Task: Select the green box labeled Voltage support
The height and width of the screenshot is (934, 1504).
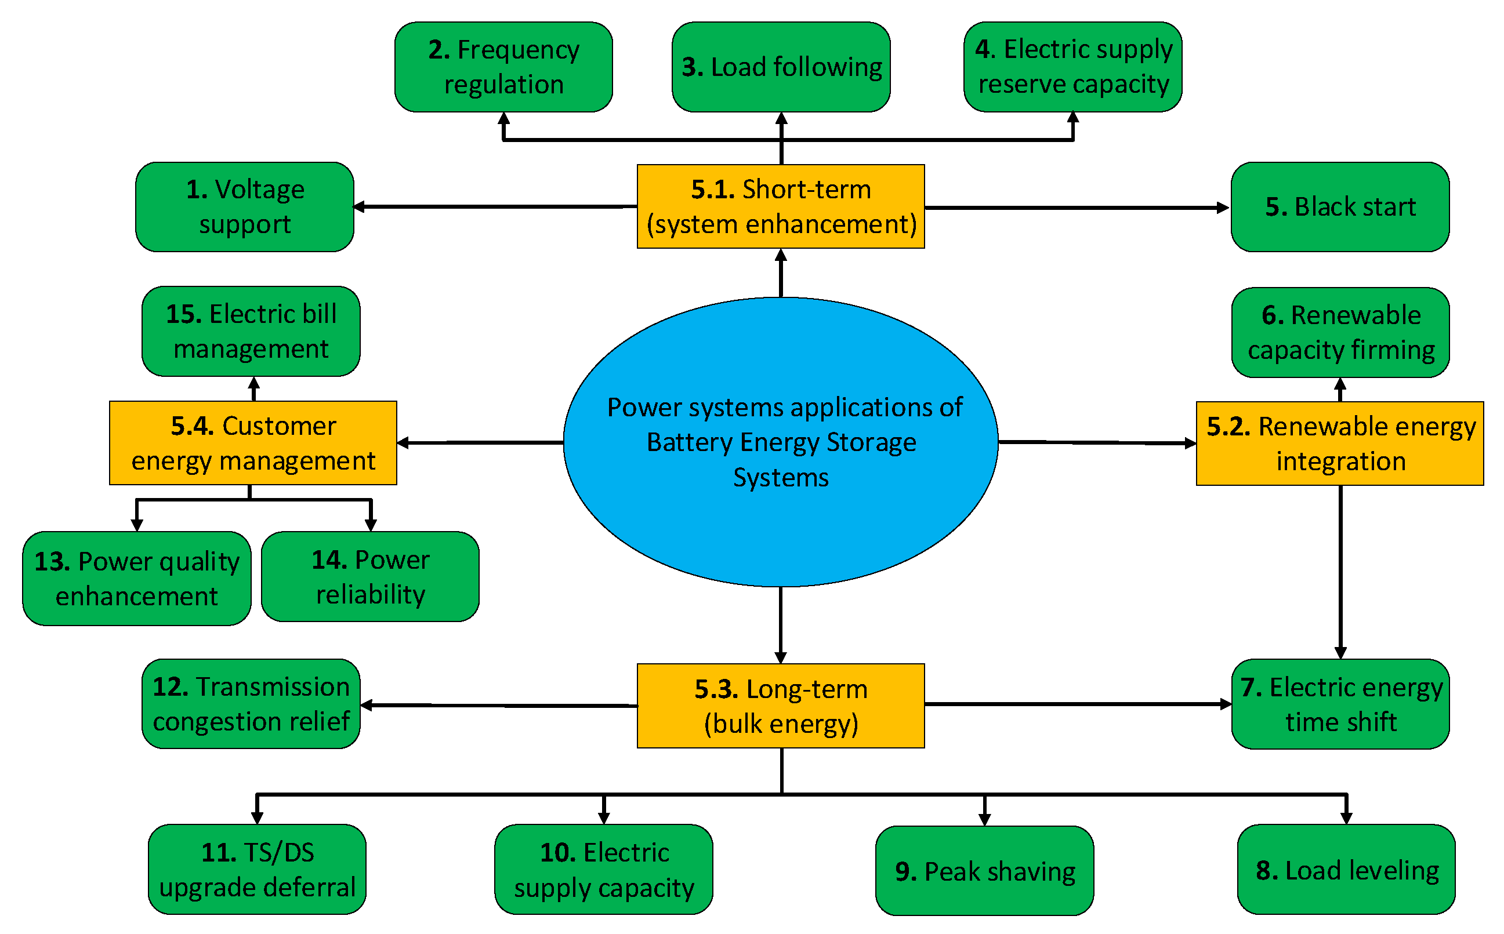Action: [245, 207]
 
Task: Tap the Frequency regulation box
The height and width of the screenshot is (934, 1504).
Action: [503, 67]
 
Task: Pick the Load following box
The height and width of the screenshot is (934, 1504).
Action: [781, 67]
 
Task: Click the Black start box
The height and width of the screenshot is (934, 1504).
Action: [1340, 207]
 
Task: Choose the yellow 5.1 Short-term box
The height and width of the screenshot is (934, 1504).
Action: [781, 206]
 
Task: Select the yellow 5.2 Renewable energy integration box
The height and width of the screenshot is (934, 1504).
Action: [1340, 444]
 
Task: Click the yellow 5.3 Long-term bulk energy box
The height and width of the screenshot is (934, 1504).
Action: [781, 706]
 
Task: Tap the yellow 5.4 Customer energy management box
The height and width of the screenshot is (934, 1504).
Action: [253, 443]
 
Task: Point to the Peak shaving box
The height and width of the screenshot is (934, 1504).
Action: [984, 871]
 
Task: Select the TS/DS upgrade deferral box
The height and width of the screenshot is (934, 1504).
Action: [257, 870]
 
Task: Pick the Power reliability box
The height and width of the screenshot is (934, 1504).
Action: [370, 577]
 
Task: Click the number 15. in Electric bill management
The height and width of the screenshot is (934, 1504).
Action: [183, 314]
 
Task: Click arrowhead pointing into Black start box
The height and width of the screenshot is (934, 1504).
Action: [1223, 208]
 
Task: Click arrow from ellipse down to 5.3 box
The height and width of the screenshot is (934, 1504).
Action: [781, 624]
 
